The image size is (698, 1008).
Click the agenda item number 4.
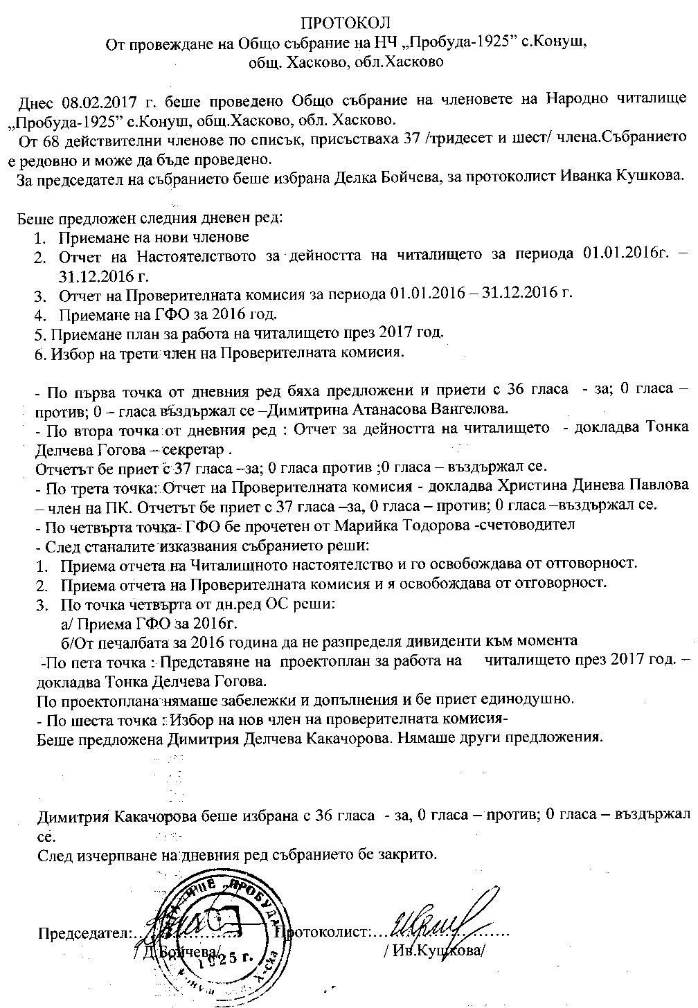pyautogui.click(x=39, y=314)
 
